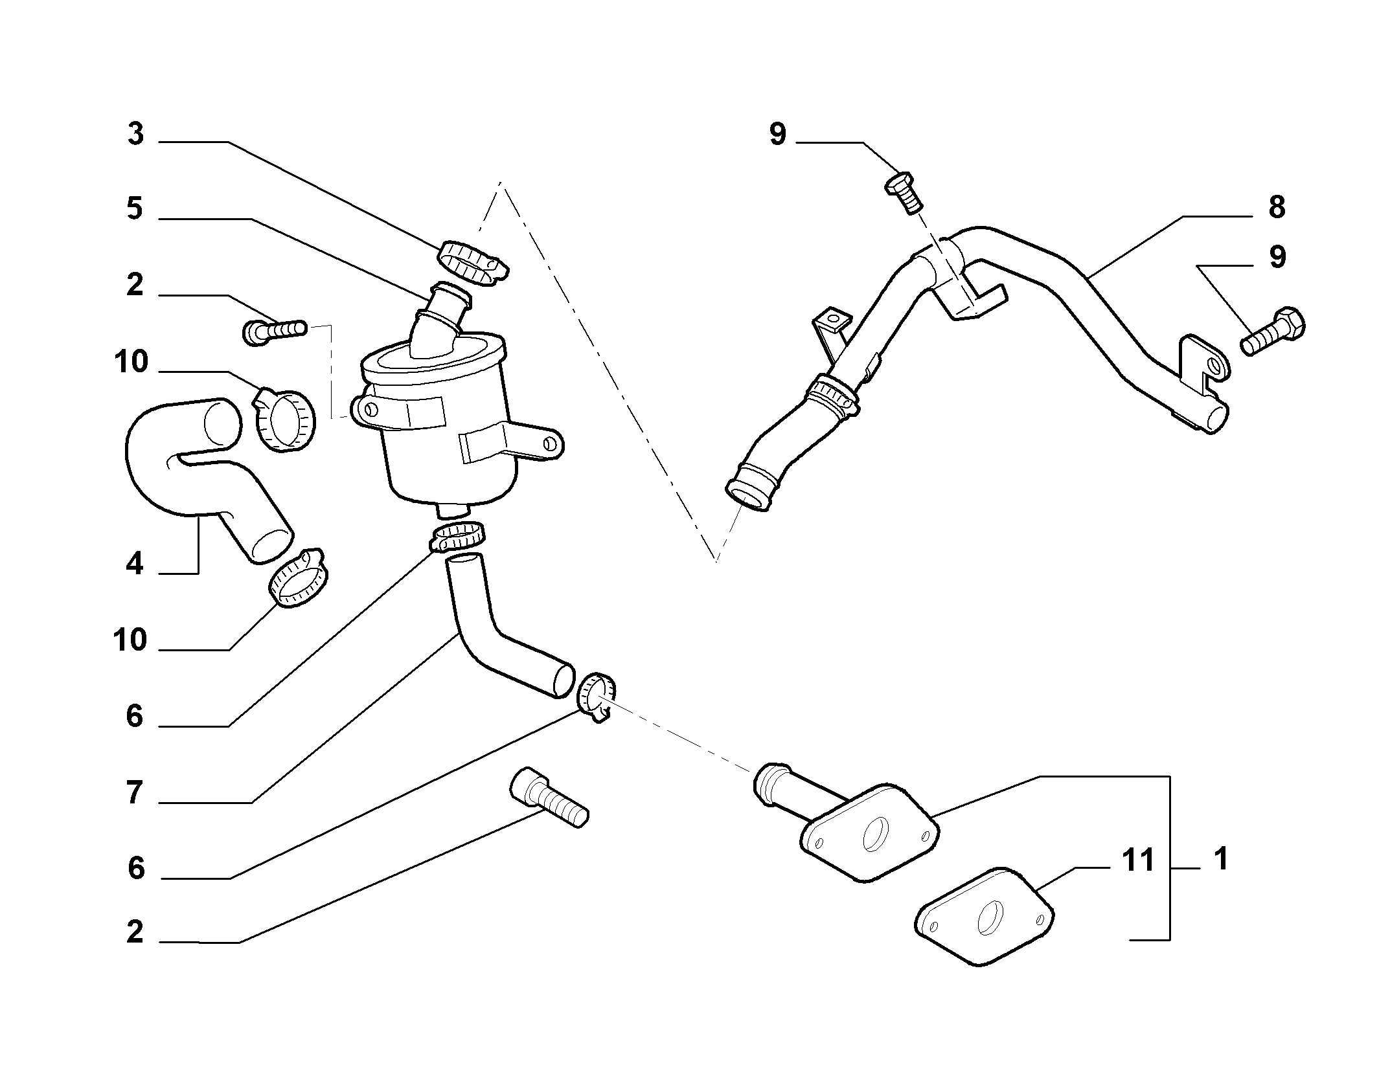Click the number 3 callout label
click(x=135, y=135)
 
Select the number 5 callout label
click(x=134, y=209)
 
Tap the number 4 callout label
click(x=134, y=564)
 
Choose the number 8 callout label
click(x=1276, y=208)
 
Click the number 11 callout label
click(x=1138, y=861)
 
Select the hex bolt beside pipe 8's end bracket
click(x=1273, y=331)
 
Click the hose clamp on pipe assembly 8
click(x=832, y=395)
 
